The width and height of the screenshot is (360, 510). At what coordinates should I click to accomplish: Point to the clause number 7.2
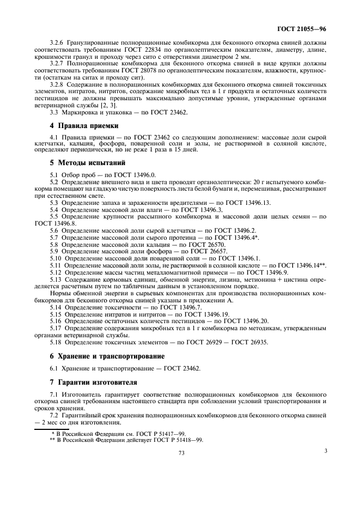(54, 416)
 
